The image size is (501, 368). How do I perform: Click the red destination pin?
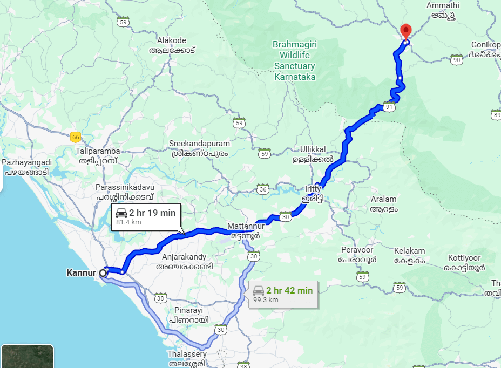click(x=405, y=31)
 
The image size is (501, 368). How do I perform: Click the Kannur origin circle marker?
click(x=103, y=273)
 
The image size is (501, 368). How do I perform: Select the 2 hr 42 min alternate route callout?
click(x=283, y=294)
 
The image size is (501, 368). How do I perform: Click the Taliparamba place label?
click(x=98, y=156)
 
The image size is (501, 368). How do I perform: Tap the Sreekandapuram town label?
click(x=200, y=148)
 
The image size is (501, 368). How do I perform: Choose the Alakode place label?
click(x=171, y=45)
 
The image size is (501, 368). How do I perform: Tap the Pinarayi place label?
click(x=188, y=315)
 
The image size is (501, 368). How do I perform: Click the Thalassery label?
click(x=187, y=358)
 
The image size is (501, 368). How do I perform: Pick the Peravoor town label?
click(x=357, y=255)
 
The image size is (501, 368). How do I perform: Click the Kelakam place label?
click(x=409, y=256)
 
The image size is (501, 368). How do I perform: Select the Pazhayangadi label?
click(x=27, y=167)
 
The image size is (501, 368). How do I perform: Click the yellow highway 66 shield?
click(x=76, y=137)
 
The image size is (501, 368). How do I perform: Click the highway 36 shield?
click(x=263, y=189)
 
